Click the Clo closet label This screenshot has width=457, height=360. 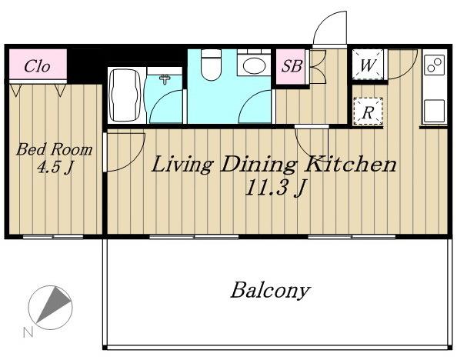pos(37,66)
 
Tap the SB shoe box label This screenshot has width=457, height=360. pos(292,66)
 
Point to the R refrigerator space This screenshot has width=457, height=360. pos(368,112)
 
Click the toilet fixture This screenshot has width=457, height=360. pos(212,65)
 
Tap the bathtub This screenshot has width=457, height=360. pos(125,95)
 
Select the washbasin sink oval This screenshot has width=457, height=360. pos(254,65)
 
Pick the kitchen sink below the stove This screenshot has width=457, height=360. pos(434,111)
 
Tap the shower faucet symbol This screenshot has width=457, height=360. pos(165,79)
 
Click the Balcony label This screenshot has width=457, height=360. pos(270,290)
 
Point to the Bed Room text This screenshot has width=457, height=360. pos(54,149)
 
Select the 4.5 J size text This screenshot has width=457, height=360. pos(55,168)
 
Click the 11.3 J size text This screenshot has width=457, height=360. pos(276,188)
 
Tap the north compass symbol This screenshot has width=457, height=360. pos(51,308)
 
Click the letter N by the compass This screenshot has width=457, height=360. pos(28,332)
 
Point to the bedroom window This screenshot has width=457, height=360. pos(53,236)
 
